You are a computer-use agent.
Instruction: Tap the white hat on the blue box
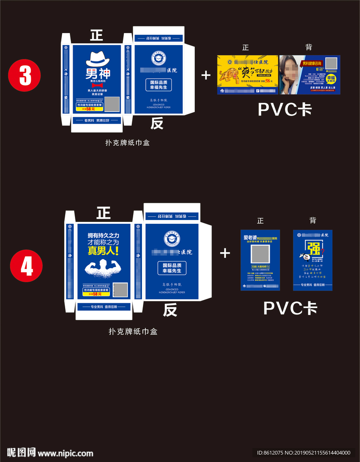tap(98, 59)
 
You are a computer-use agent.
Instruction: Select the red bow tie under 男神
tap(97, 85)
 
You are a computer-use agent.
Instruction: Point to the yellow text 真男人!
tap(103, 251)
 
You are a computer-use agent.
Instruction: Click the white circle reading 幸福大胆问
tap(331, 80)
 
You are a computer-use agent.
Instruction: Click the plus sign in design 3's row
tap(206, 75)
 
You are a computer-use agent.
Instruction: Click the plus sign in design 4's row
tap(225, 253)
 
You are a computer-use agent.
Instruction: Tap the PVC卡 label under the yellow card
tap(285, 110)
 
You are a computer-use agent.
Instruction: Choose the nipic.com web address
tap(66, 453)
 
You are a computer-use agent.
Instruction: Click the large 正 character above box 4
tap(103, 213)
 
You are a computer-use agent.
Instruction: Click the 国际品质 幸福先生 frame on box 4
tap(172, 268)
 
